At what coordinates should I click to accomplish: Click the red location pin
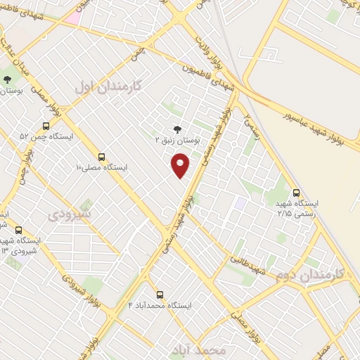tap(181, 166)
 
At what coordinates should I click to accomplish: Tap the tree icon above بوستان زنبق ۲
tap(176, 129)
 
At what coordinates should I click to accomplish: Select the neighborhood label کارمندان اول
tap(108, 87)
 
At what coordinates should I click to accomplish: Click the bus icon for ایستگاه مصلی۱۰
tap(102, 157)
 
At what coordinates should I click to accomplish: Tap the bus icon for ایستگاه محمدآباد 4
tap(160, 295)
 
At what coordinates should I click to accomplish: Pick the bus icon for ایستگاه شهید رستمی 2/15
tap(296, 192)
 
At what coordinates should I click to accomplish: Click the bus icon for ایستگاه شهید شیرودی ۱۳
tap(18, 230)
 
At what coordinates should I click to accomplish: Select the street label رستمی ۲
tap(251, 127)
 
